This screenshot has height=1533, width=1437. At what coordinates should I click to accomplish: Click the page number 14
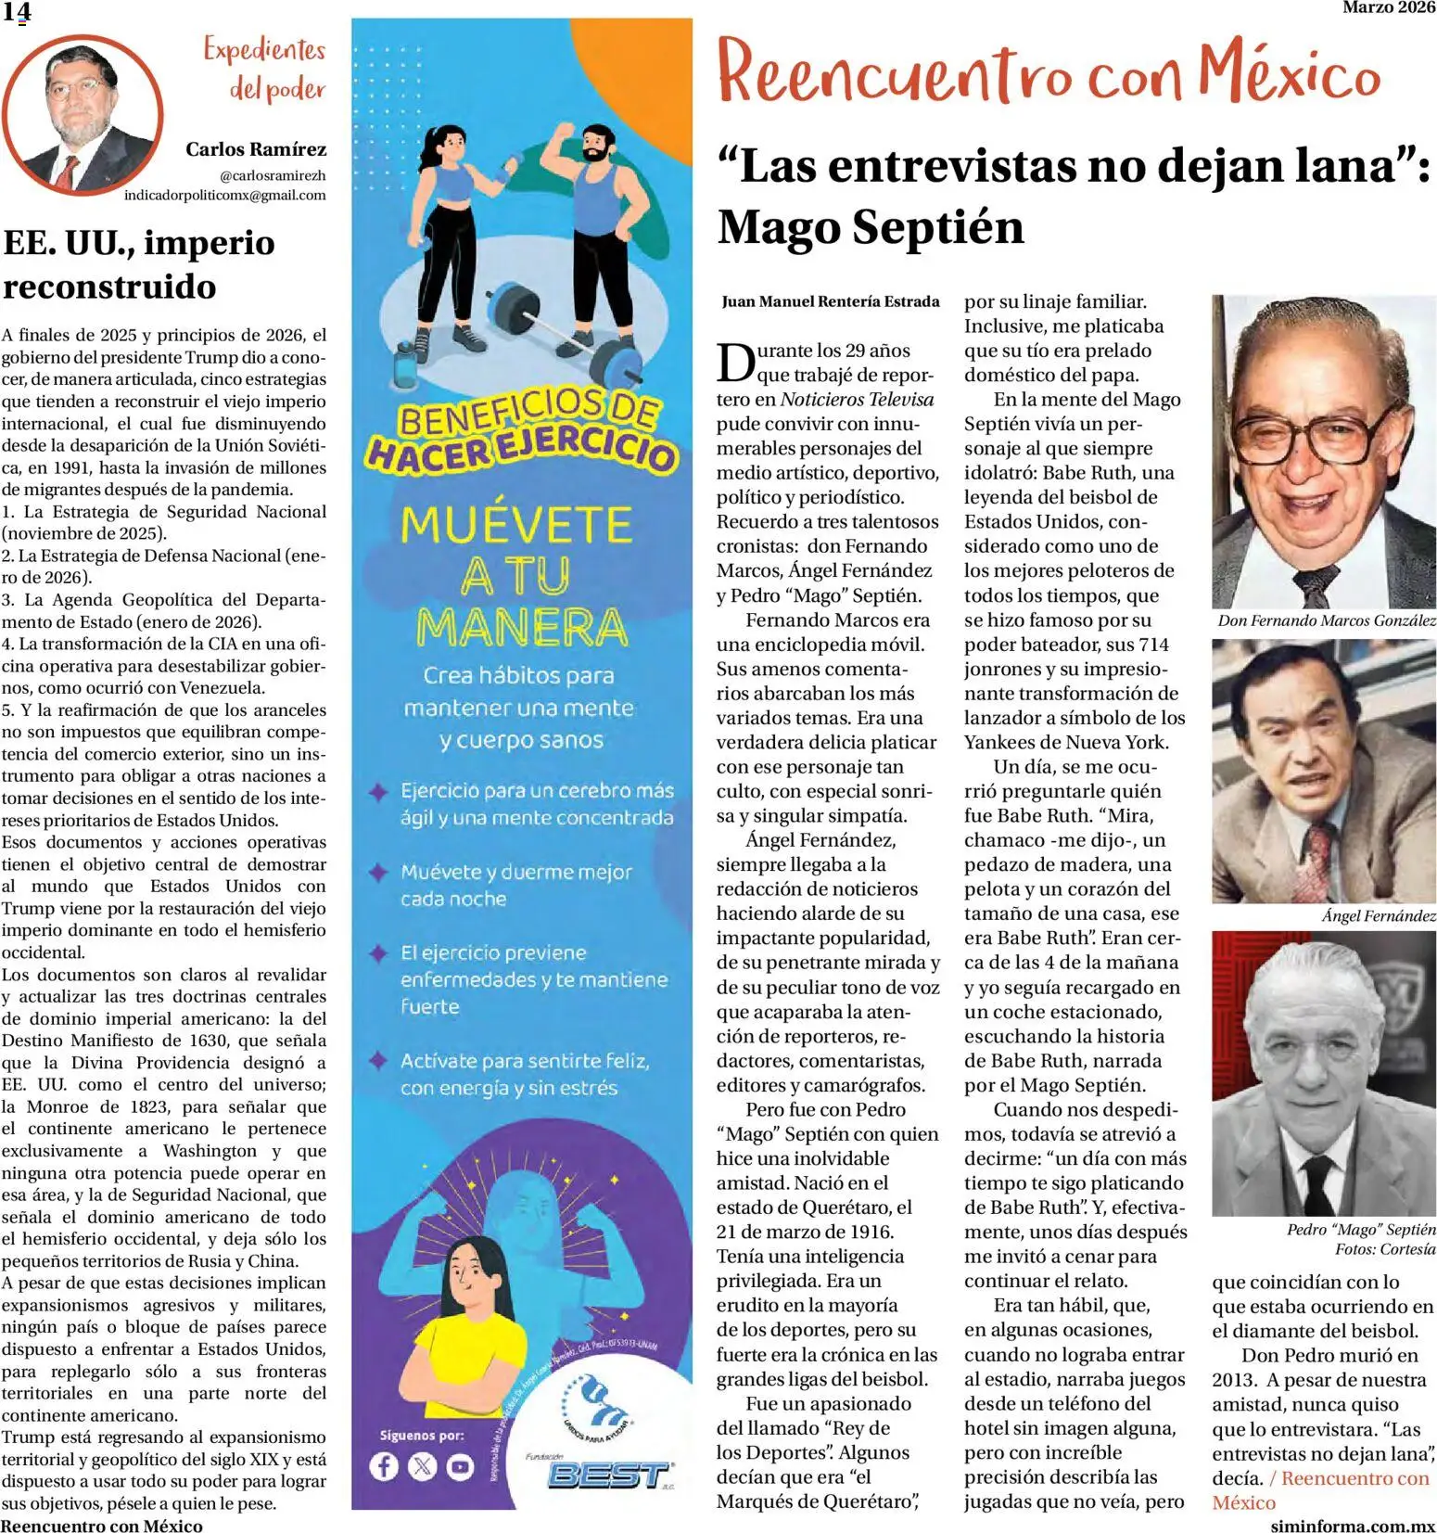click(x=17, y=12)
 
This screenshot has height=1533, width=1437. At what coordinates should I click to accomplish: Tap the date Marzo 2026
click(x=1388, y=7)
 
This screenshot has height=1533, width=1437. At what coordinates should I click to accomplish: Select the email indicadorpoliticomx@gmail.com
click(x=224, y=195)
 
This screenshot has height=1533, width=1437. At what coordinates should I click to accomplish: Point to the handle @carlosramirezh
click(x=272, y=175)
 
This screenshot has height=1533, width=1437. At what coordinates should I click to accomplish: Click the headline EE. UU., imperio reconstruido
click(x=139, y=264)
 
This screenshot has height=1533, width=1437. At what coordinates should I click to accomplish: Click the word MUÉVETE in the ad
click(x=516, y=525)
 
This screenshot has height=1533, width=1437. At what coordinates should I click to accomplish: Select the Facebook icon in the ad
click(x=384, y=1466)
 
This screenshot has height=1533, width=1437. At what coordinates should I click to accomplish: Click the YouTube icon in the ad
click(x=459, y=1466)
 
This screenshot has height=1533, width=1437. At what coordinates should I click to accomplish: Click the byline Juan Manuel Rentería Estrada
click(x=830, y=301)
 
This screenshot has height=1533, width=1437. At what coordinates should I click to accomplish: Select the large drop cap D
click(x=735, y=363)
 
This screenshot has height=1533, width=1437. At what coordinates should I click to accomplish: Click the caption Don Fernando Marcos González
click(x=1326, y=620)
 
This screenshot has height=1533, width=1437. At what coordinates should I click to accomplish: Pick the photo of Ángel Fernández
click(x=1324, y=772)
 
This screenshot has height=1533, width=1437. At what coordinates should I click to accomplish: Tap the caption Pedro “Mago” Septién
click(x=1360, y=1230)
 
